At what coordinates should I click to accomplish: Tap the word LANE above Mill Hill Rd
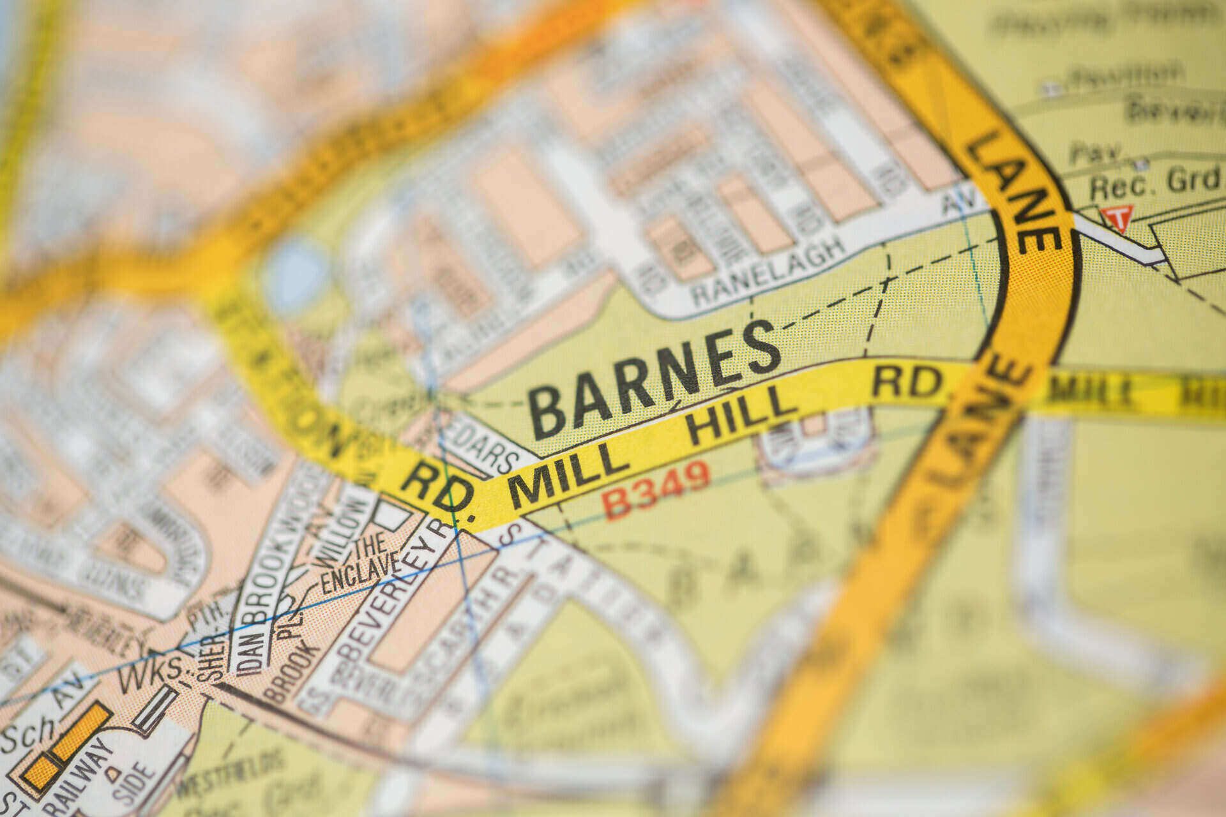pyautogui.click(x=1012, y=191)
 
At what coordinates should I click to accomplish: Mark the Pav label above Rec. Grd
pyautogui.click(x=1094, y=153)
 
